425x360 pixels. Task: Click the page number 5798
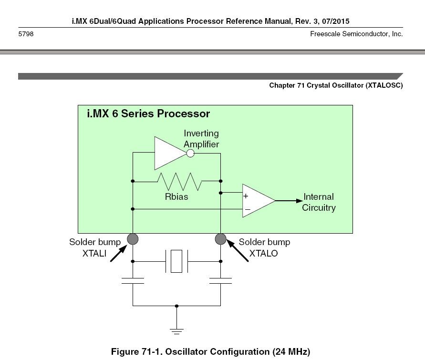pyautogui.click(x=26, y=34)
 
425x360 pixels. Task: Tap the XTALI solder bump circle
pyautogui.click(x=133, y=239)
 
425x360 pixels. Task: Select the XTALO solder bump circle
pyautogui.click(x=221, y=239)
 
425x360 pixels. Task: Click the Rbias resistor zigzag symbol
pyautogui.click(x=179, y=181)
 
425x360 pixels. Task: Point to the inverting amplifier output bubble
pyautogui.click(x=190, y=154)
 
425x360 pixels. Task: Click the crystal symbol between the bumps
pyautogui.click(x=176, y=261)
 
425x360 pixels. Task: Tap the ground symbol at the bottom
pyautogui.click(x=176, y=331)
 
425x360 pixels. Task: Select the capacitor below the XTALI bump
pyautogui.click(x=133, y=281)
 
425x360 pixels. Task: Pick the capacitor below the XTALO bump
pyautogui.click(x=221, y=281)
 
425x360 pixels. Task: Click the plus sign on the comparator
pyautogui.click(x=246, y=196)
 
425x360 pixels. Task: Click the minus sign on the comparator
pyautogui.click(x=248, y=209)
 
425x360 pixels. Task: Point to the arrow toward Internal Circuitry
pyautogui.click(x=289, y=201)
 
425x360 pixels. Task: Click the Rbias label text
pyautogui.click(x=176, y=196)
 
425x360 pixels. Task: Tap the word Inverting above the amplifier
pyautogui.click(x=201, y=134)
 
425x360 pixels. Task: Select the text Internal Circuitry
pyautogui.click(x=319, y=202)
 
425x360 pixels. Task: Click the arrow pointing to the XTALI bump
pyautogui.click(x=119, y=253)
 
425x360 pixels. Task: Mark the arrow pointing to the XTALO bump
pyautogui.click(x=238, y=250)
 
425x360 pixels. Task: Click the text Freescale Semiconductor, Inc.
pyautogui.click(x=356, y=34)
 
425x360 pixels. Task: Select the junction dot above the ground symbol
pyautogui.click(x=176, y=306)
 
